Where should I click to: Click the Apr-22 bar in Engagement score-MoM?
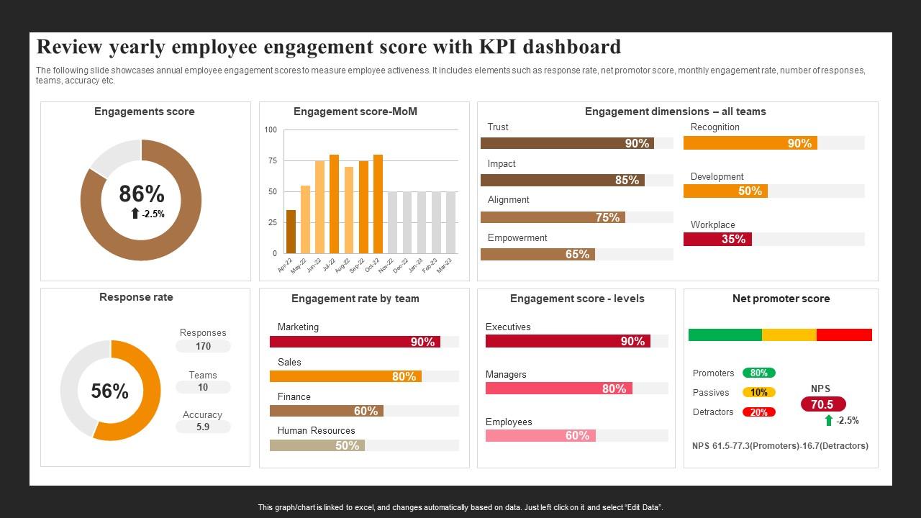[291, 232]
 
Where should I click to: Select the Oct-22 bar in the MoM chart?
[378, 204]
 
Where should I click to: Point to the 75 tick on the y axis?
[272, 161]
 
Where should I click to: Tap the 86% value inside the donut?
[141, 194]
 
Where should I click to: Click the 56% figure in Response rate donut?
[109, 391]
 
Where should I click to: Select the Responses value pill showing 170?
[203, 346]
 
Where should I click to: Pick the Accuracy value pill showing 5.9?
[203, 427]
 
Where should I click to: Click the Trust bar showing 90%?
[567, 143]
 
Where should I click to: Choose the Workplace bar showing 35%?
[717, 239]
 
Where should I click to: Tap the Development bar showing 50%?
[725, 191]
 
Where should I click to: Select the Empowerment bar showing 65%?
[537, 254]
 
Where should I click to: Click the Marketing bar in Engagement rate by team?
[355, 342]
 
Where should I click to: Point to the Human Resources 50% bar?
[317, 445]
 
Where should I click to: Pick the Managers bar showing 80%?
[559, 388]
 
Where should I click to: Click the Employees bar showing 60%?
[540, 435]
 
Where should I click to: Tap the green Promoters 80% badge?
[759, 373]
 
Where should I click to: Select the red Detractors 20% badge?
[759, 412]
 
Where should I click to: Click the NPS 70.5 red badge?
[822, 404]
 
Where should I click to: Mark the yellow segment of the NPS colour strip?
[789, 335]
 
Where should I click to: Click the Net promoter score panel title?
[781, 299]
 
